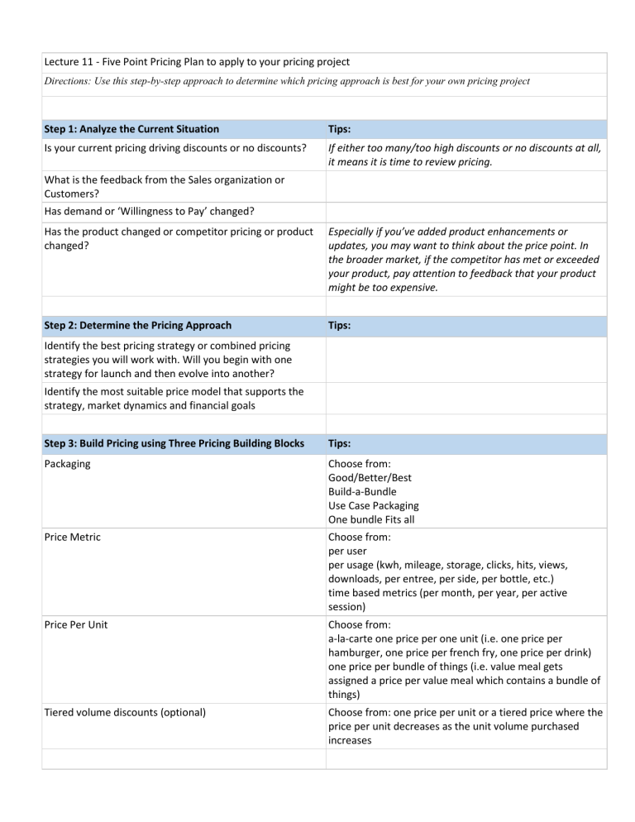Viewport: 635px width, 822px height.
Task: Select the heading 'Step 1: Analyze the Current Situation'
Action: [133, 128]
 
